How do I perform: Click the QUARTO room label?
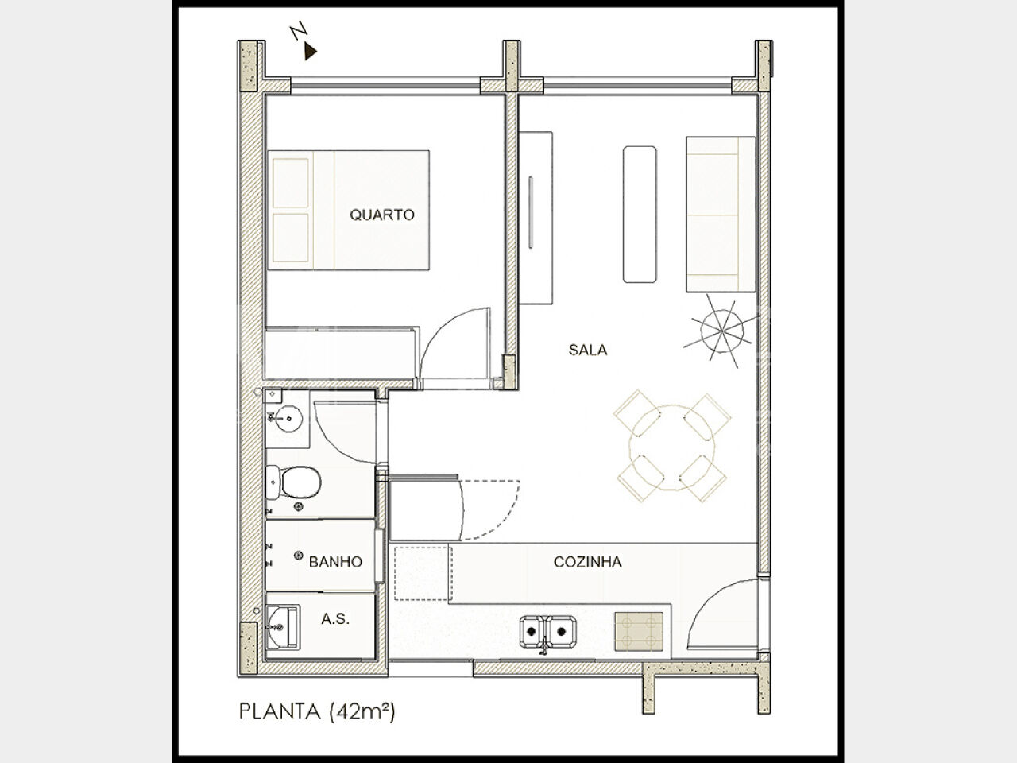[x=382, y=215]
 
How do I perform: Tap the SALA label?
[x=587, y=350]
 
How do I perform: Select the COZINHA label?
[x=587, y=562]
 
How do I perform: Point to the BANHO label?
[x=335, y=562]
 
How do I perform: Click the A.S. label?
[x=335, y=619]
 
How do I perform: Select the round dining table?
[x=671, y=447]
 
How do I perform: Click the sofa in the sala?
[x=721, y=215]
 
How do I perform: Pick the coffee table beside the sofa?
[x=640, y=215]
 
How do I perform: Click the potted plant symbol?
[x=721, y=331]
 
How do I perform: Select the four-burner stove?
[x=639, y=631]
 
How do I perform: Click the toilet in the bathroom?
[x=293, y=482]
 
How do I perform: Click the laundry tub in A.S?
[x=283, y=626]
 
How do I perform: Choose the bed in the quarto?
[x=349, y=210]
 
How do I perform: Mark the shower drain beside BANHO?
[x=299, y=556]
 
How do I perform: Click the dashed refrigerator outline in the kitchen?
[x=422, y=574]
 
